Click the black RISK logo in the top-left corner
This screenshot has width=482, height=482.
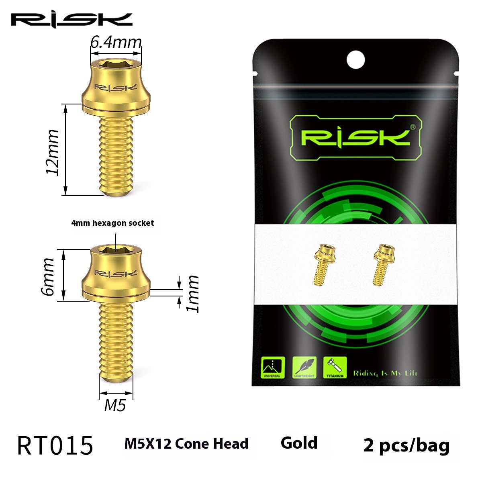71,20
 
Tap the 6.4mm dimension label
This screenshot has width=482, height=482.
116,42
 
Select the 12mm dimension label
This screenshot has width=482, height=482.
53,152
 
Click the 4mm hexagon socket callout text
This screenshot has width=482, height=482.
112,223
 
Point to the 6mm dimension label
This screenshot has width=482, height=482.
48,277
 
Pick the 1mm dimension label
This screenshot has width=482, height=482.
193,294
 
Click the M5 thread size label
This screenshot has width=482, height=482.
115,406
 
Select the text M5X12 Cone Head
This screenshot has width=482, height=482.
186,444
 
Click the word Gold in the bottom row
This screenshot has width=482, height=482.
299,443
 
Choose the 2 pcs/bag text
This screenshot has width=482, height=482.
406,445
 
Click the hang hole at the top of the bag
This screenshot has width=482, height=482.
355,60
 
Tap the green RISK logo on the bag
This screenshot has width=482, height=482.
355,137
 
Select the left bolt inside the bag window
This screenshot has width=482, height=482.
325,264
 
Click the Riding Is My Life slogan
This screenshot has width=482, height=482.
385,373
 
